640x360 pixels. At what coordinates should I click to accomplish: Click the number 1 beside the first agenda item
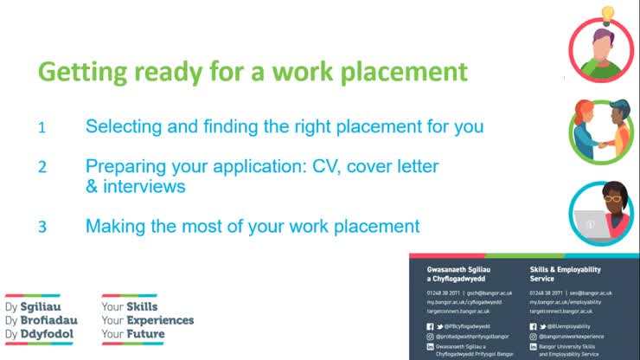tap(41, 128)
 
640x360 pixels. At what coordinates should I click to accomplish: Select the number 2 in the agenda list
tap(42, 167)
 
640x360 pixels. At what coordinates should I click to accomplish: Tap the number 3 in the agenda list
tap(42, 228)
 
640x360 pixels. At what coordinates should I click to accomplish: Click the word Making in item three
tap(114, 227)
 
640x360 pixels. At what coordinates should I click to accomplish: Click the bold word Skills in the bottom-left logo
tap(142, 307)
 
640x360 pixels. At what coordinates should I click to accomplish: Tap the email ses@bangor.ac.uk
tap(582, 293)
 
